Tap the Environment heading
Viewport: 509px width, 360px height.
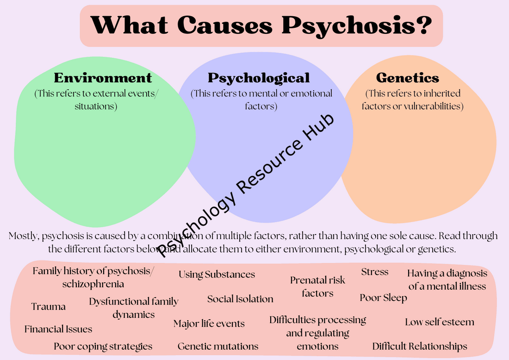[x=103, y=77]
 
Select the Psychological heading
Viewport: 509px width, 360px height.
[x=259, y=77]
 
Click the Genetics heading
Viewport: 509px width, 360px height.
[x=407, y=77]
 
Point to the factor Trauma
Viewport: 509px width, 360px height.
[x=49, y=307]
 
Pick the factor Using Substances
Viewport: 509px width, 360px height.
[x=217, y=274]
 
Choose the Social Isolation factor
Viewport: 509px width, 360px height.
[x=240, y=299]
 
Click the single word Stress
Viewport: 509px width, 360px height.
[x=374, y=272]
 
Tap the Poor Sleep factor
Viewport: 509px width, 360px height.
[x=383, y=298]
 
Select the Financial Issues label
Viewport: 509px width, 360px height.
[x=58, y=329]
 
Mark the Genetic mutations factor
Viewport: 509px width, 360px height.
[x=218, y=346]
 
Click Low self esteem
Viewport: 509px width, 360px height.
[x=439, y=322]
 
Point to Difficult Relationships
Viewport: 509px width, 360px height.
[x=420, y=346]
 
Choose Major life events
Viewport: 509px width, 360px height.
[x=209, y=323]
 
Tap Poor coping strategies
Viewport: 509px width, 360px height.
[x=103, y=346]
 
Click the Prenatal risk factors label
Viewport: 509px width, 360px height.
[x=317, y=286]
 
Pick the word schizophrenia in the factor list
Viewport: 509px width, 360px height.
[x=93, y=284]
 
